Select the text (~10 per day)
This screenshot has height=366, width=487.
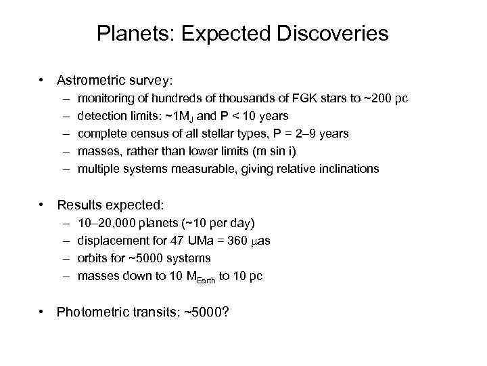coord(214,223)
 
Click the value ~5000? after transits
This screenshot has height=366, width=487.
coord(207,312)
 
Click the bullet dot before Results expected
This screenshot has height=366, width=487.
coord(42,204)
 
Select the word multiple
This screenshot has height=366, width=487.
coord(98,169)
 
